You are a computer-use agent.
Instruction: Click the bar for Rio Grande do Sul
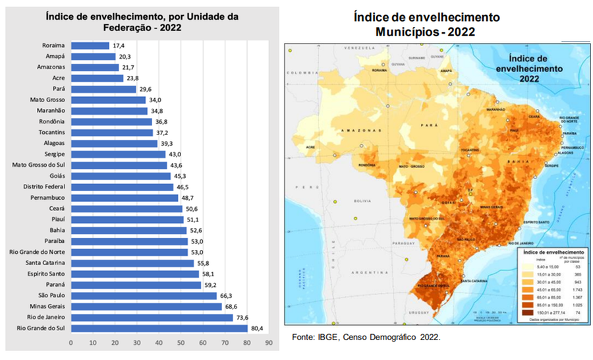coord(158,328)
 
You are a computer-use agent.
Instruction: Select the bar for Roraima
coord(90,45)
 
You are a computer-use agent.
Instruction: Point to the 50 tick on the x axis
coord(181,343)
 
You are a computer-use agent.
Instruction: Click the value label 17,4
coord(120,45)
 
